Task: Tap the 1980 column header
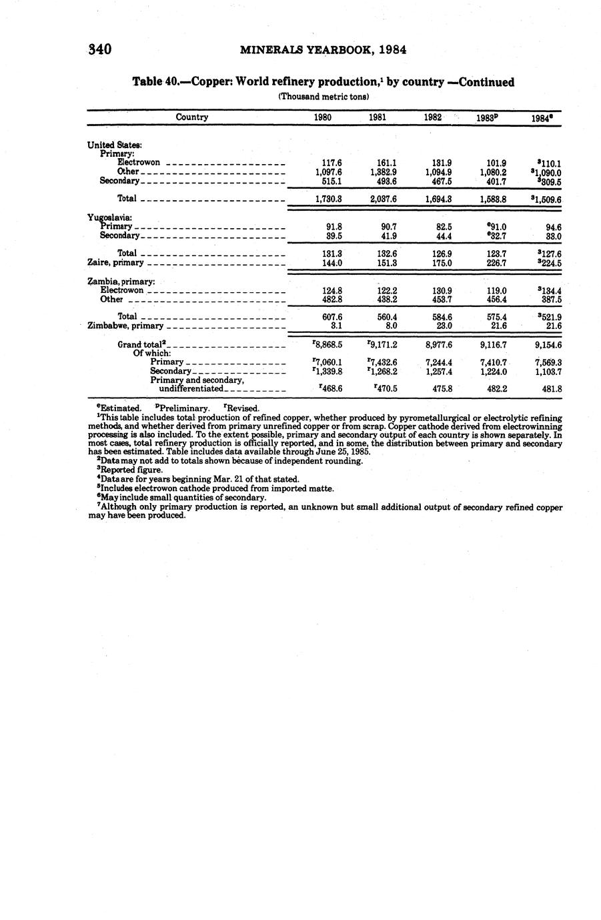pos(323,117)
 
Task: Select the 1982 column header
pos(433,117)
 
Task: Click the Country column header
pos(192,117)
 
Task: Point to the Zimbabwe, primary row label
pos(125,326)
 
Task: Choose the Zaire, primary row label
pos(115,263)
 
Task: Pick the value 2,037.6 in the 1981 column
pos(383,199)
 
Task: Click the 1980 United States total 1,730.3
pos(328,199)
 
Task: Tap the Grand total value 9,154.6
pos(548,345)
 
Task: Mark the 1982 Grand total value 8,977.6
pos(438,345)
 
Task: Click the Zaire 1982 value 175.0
pos(442,263)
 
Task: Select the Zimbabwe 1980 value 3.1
pos(336,326)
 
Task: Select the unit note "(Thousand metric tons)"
pos(323,97)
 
